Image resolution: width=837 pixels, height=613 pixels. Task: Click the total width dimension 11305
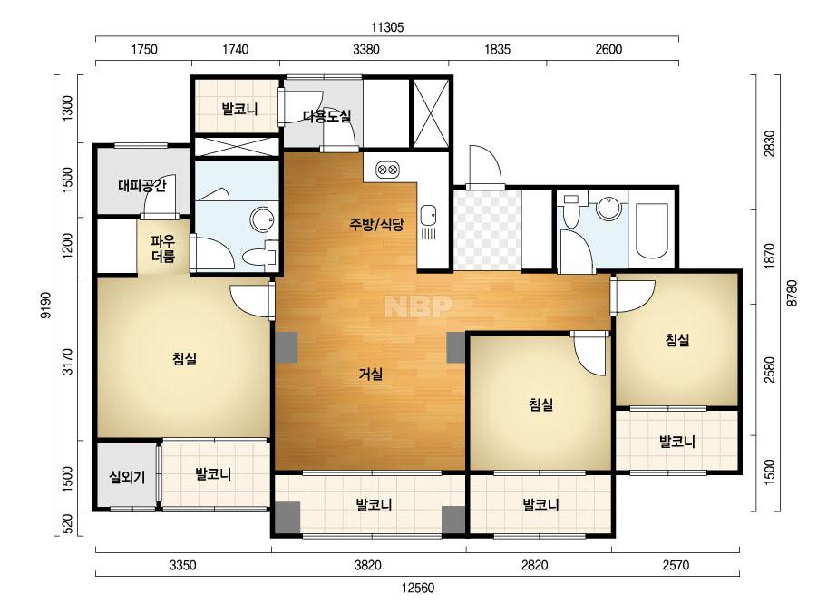click(387, 26)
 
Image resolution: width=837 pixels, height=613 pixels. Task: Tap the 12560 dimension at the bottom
click(418, 588)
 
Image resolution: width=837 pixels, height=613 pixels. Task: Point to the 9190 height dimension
click(47, 306)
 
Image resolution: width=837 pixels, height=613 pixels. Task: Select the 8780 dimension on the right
click(792, 293)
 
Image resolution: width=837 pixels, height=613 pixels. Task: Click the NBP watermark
click(419, 306)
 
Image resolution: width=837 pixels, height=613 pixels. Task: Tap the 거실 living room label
click(371, 374)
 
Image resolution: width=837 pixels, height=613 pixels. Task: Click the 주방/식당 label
click(376, 224)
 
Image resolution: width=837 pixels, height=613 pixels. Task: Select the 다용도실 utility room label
click(326, 116)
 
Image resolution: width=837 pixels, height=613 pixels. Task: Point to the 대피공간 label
click(142, 185)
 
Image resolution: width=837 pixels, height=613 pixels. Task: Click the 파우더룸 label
click(163, 248)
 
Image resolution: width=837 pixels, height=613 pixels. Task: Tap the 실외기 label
click(127, 477)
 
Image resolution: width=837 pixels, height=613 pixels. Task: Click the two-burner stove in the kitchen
click(388, 170)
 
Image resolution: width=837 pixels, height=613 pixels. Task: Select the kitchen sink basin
click(428, 215)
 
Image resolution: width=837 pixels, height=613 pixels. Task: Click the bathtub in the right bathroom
click(651, 230)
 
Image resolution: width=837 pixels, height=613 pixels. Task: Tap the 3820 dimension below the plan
click(368, 565)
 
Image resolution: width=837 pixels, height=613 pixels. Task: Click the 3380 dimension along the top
click(366, 50)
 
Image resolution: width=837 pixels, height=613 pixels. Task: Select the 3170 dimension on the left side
click(68, 361)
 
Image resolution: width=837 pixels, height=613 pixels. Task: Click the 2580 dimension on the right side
click(769, 369)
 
